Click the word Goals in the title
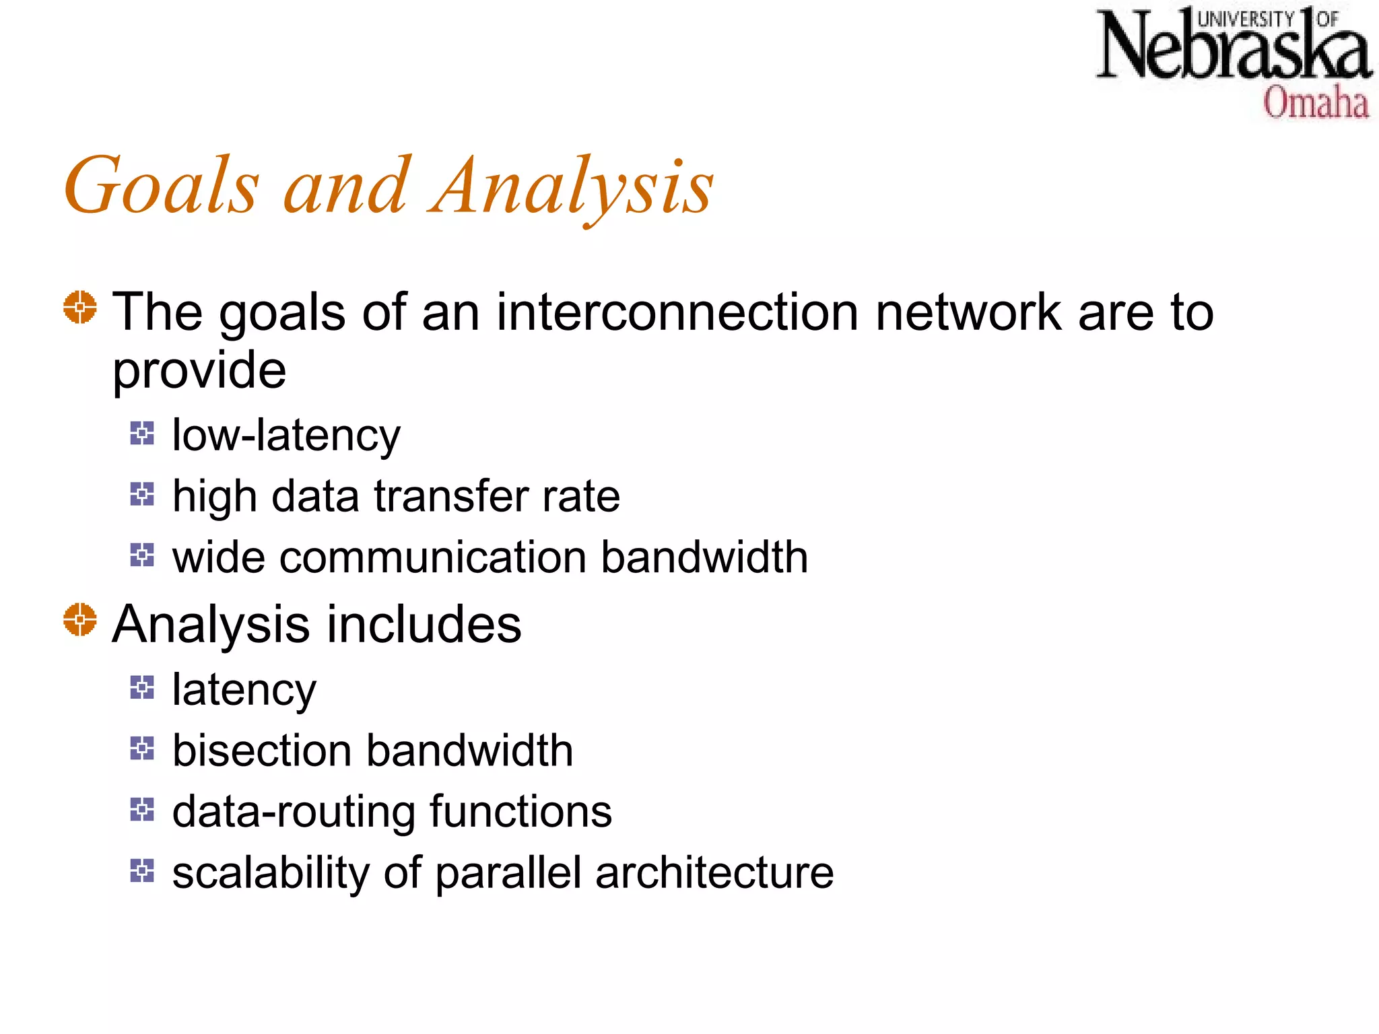[x=162, y=186]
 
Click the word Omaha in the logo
[x=1315, y=103]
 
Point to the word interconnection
[x=677, y=312]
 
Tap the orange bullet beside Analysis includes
[x=80, y=619]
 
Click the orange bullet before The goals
[x=80, y=307]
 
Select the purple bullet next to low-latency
[x=142, y=433]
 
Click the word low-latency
[x=286, y=436]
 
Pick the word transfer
[x=451, y=496]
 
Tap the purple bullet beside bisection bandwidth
[x=142, y=748]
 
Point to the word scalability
[x=270, y=873]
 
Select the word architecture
[x=714, y=873]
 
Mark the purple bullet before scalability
[x=142, y=870]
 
